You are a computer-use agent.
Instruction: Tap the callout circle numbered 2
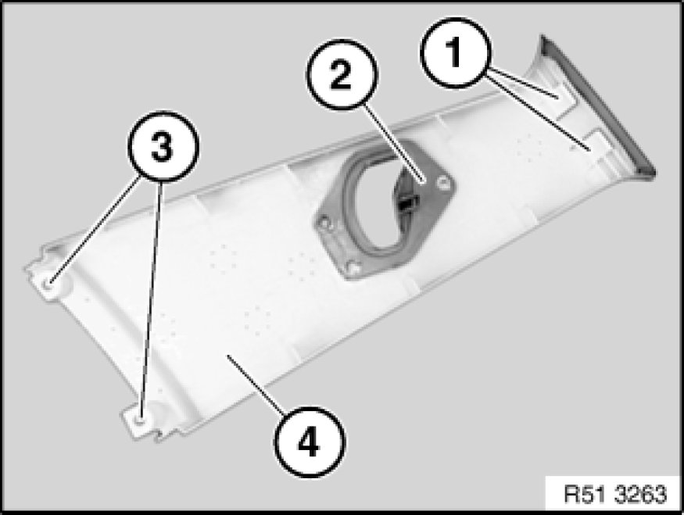pos(340,74)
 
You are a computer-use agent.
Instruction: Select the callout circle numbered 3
pos(163,146)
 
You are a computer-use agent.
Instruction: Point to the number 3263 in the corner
pos(641,494)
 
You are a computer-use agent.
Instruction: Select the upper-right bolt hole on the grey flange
pos(444,183)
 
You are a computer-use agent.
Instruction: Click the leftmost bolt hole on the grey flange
pos(324,224)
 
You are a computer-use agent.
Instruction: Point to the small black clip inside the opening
pos(408,202)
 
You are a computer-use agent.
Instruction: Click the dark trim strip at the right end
pos(598,106)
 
